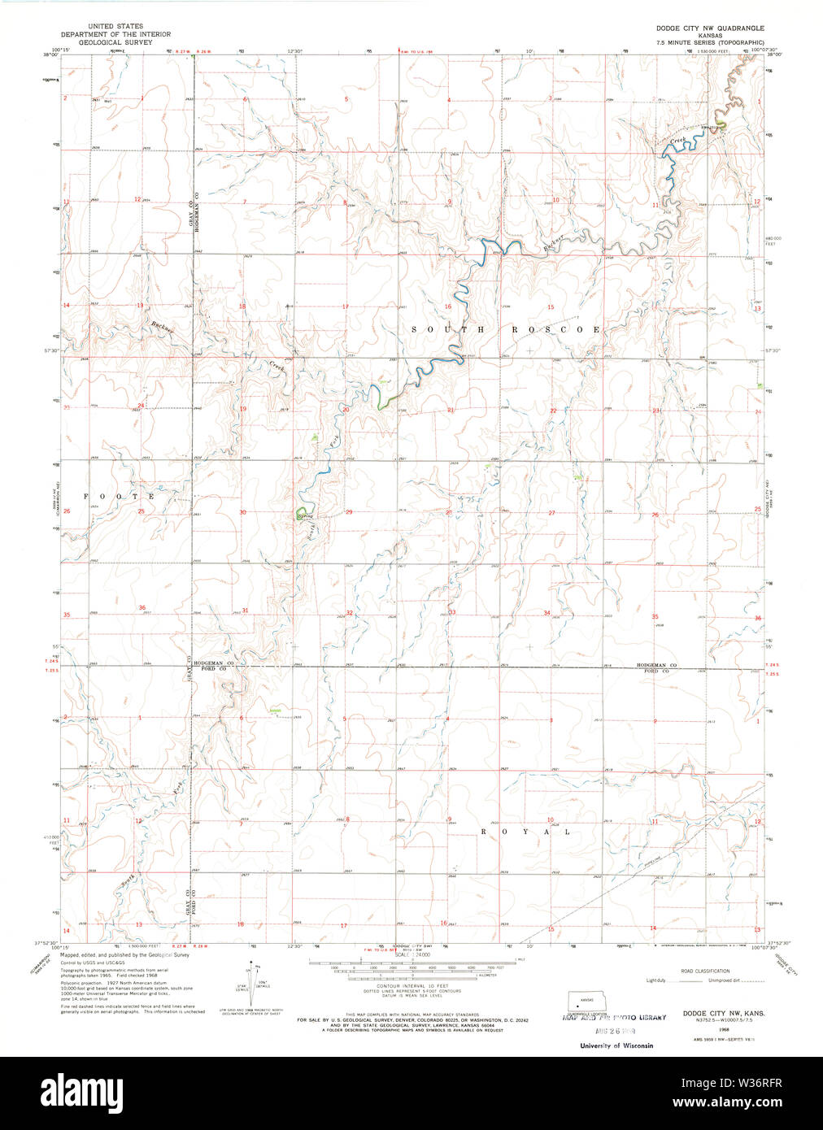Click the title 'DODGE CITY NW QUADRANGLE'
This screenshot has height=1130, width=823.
pos(710,28)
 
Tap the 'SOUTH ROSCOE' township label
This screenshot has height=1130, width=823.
pos(505,329)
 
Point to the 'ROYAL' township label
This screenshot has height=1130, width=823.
pos(525,832)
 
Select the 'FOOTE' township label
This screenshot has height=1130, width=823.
pos(120,495)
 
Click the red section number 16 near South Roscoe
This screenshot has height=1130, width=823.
pos(447,306)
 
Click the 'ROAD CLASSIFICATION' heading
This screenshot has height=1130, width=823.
pos(705,971)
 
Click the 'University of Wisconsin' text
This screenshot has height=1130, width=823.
pos(616,1045)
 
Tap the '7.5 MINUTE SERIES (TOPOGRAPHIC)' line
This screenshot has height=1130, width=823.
pos(710,42)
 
